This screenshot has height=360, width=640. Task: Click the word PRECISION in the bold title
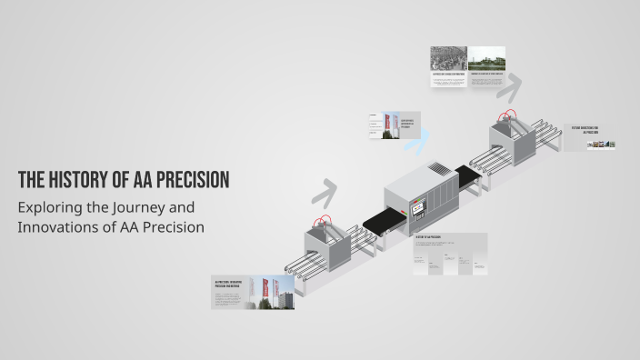pos(187,179)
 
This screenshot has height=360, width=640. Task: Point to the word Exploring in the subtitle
pos(46,207)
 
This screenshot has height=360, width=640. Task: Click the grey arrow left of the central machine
pos(324,192)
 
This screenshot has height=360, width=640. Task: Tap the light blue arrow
pos(419,137)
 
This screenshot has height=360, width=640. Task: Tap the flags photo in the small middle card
pos(392,125)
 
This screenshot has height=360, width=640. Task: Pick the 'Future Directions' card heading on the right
pos(586,130)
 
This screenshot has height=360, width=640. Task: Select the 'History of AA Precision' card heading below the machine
pos(428,238)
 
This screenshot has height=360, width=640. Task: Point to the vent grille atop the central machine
pos(439,168)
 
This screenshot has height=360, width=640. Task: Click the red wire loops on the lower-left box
pos(321,223)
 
